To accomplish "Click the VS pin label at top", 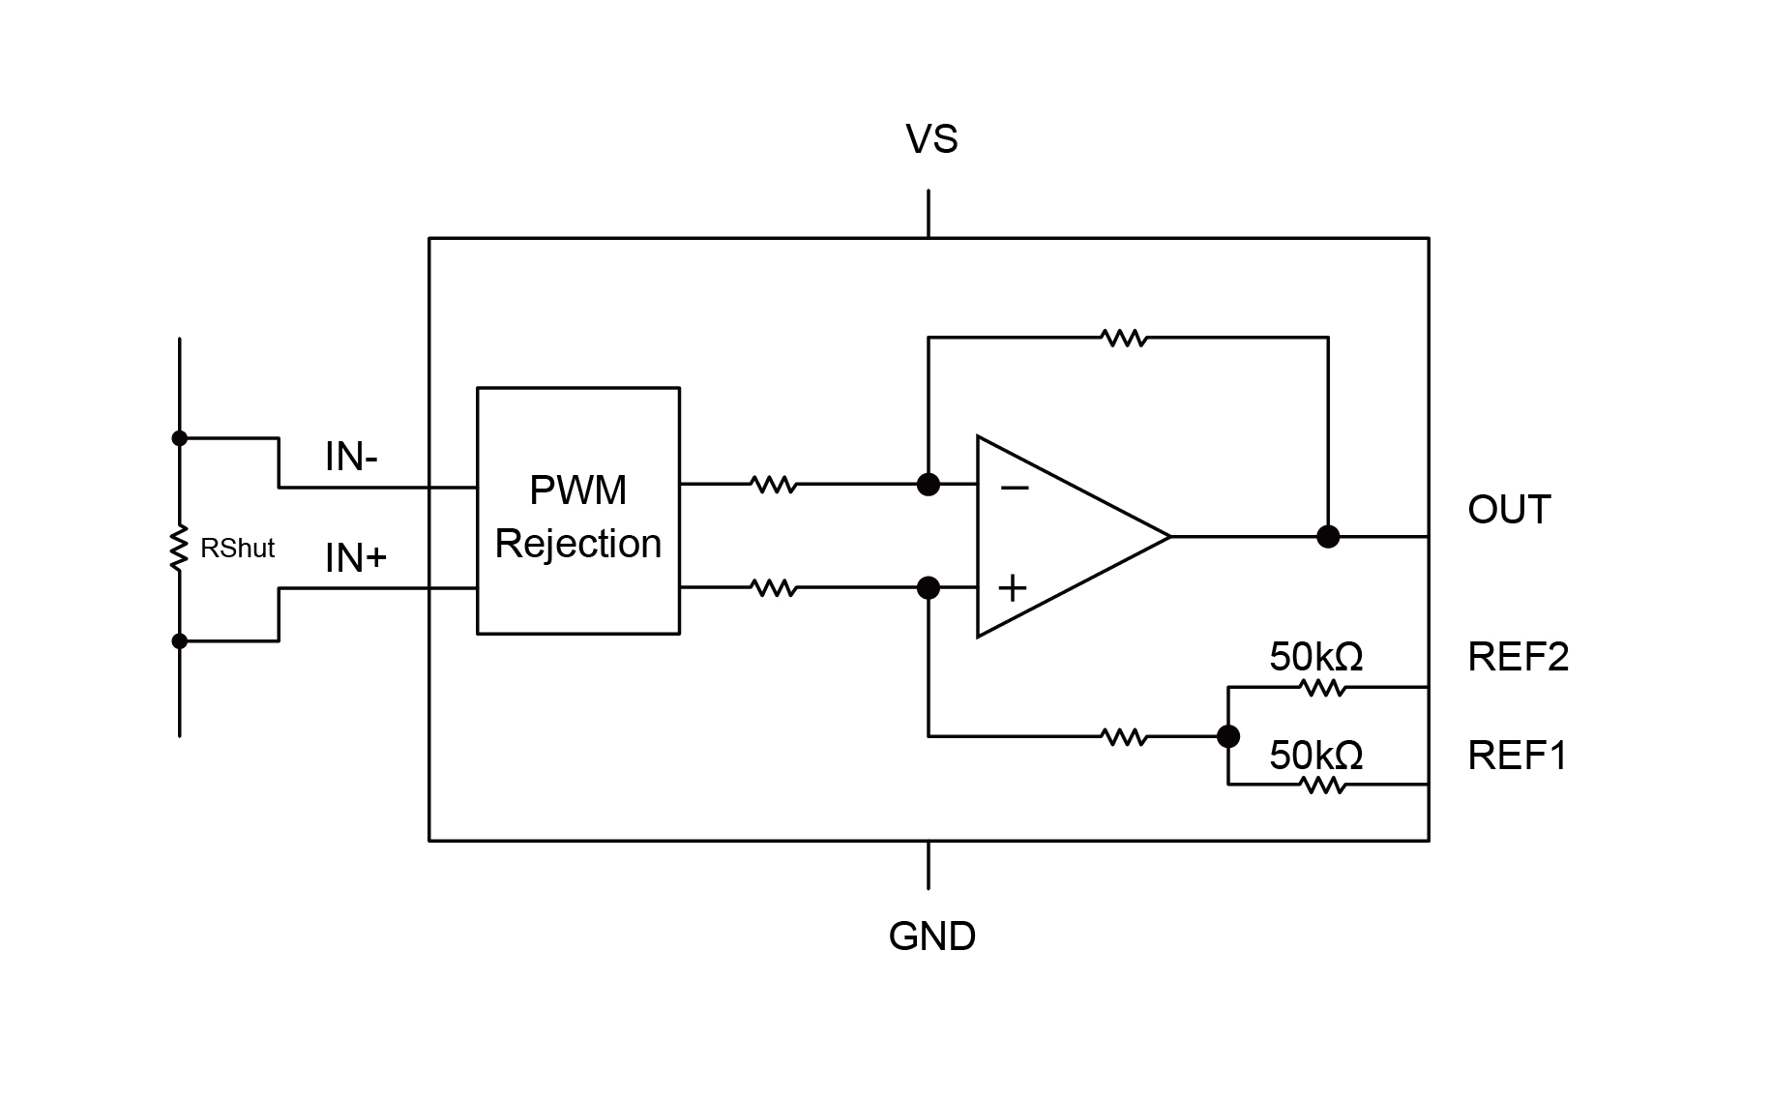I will (x=930, y=139).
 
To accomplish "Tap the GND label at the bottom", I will (x=931, y=936).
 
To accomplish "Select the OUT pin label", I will (x=1508, y=510).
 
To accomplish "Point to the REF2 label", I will (x=1518, y=657).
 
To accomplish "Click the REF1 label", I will (x=1517, y=756).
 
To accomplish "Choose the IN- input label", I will (x=351, y=457).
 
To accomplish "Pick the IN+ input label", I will (x=355, y=558).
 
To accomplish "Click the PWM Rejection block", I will (x=577, y=511).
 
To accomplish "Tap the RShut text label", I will (x=237, y=549).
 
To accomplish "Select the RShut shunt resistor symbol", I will (x=179, y=549).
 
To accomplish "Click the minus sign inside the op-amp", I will (x=1014, y=489).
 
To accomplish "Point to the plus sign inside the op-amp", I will (x=1012, y=587).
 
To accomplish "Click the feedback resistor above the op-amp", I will (x=1124, y=338).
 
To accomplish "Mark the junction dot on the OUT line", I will (x=1328, y=536).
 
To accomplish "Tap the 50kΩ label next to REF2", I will (x=1315, y=658).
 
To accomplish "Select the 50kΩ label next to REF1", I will (x=1315, y=756).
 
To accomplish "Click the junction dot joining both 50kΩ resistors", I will (x=1227, y=736).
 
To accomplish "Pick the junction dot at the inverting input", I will (x=928, y=484).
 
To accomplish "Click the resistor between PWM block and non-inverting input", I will (x=773, y=587).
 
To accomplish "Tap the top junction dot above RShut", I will (x=179, y=438).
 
